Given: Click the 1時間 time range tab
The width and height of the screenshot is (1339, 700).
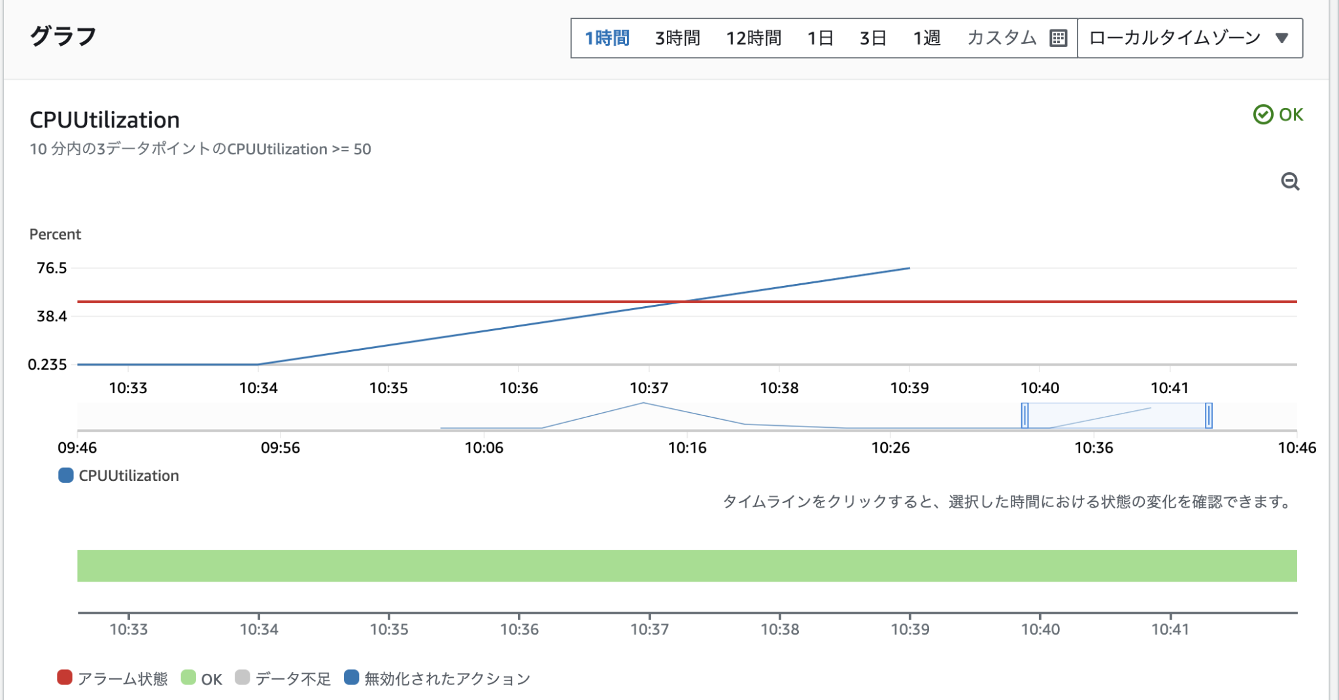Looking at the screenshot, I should tap(607, 38).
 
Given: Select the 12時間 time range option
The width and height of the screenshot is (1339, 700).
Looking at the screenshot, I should tap(753, 38).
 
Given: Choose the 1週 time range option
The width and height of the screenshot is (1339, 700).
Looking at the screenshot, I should tap(926, 38).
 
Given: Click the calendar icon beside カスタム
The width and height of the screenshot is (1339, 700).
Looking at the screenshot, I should tap(1058, 38).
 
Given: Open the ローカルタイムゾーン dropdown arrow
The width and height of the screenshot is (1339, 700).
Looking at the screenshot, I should tap(1281, 38).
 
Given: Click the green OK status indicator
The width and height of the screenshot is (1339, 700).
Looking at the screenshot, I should tap(1278, 114).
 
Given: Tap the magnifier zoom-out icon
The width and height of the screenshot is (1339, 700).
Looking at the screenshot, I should tap(1290, 181).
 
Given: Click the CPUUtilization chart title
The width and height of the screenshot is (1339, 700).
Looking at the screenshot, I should tap(105, 120).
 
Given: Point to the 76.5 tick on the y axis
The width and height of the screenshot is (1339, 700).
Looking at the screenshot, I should tap(52, 268).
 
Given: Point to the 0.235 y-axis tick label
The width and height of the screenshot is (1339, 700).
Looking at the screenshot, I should tap(47, 364).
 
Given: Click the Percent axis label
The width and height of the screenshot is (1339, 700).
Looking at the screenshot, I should tap(55, 234).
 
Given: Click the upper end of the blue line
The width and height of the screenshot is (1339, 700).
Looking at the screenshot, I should tap(909, 268).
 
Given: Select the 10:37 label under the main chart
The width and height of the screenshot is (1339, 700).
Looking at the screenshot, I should tap(649, 388).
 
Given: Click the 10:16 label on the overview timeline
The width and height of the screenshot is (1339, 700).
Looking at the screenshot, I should tap(687, 447).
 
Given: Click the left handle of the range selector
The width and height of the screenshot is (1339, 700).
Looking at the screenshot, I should tap(1025, 415).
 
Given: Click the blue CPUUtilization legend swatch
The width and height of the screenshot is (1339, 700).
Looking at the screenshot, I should tap(65, 476).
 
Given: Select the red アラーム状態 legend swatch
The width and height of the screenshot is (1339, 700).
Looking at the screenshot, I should tap(64, 678).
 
